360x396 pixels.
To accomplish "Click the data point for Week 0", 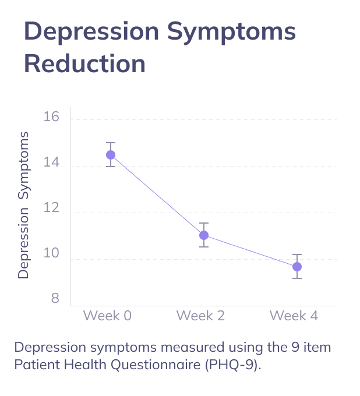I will [x=111, y=155].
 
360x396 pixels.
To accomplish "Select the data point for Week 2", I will [x=204, y=235].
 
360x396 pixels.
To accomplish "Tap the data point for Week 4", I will [x=297, y=267].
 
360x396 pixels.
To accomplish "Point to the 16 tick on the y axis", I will [x=52, y=117].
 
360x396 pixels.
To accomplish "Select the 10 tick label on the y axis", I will [x=52, y=254].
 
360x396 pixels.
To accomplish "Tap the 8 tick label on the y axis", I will [x=55, y=299].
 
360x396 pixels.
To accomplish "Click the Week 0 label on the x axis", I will [x=107, y=316].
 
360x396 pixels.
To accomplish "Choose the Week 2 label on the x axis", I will [x=200, y=316].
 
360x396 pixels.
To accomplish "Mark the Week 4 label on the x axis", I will [x=294, y=316].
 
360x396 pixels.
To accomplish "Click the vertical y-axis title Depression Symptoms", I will [x=23, y=206].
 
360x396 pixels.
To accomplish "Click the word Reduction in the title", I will [x=84, y=63].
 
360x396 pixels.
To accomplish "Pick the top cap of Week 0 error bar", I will [x=111, y=143].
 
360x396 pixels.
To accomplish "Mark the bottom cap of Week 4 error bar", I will [x=297, y=278].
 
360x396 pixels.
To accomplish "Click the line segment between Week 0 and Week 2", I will [x=157, y=195].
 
